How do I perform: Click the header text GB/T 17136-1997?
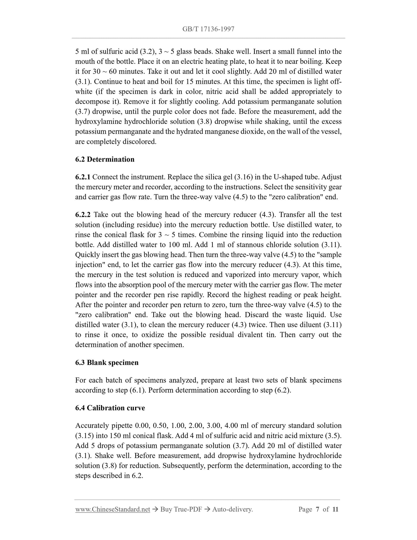(208, 29)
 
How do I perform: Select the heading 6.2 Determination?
(105, 159)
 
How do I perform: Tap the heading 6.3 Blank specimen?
(107, 362)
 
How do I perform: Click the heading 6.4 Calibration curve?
(110, 408)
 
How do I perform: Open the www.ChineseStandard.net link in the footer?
(113, 509)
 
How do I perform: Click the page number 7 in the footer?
(317, 509)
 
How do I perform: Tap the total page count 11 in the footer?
(335, 509)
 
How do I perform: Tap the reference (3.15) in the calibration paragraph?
(84, 435)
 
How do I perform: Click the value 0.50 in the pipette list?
(160, 425)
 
